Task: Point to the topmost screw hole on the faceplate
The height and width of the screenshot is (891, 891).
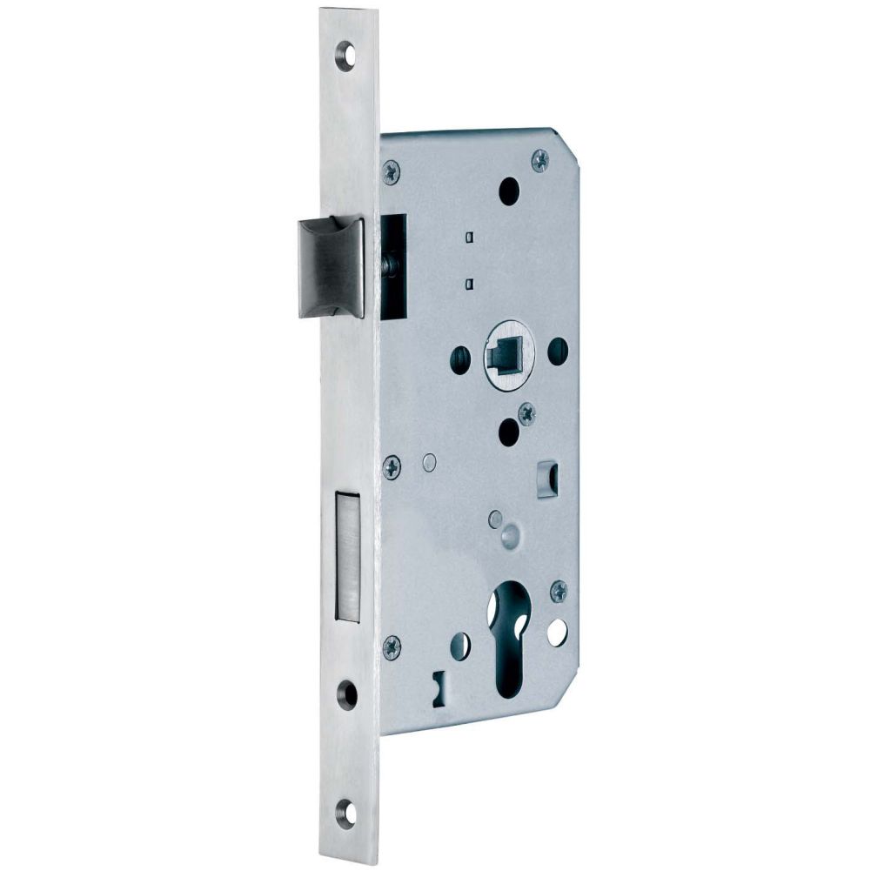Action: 350,53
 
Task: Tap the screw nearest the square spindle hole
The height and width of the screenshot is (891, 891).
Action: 526,414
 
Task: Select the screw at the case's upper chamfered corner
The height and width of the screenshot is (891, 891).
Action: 539,159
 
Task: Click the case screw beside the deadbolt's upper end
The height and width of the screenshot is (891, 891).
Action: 392,467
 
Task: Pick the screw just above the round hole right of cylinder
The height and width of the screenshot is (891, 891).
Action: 559,592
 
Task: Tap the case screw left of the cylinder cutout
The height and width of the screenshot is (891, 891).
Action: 392,646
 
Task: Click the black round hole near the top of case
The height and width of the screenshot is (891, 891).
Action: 509,190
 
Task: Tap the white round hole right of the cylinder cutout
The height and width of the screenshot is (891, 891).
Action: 557,633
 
